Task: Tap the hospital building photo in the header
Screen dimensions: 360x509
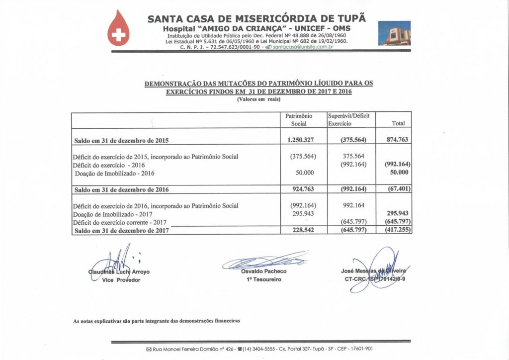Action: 394,33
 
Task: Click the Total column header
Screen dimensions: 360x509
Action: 398,123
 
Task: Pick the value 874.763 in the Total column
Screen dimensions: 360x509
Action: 397,140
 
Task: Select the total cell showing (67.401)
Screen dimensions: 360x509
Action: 398,189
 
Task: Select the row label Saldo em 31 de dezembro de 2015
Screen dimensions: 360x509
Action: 121,141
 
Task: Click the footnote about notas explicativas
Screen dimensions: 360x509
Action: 157,321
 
